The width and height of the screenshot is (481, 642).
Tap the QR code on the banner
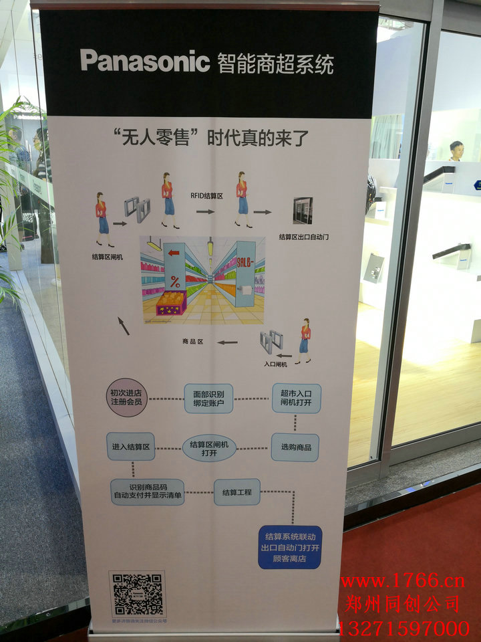[x=137, y=594]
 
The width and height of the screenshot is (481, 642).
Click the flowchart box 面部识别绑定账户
[x=208, y=398]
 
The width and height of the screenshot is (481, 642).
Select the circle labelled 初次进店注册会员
[x=126, y=397]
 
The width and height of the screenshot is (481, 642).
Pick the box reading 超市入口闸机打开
[x=296, y=398]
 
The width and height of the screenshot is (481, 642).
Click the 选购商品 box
[x=295, y=447]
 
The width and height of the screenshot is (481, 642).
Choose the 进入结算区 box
[x=131, y=447]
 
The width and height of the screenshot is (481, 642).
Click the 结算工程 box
[x=237, y=492]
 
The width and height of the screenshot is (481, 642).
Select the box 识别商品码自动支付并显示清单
[x=147, y=492]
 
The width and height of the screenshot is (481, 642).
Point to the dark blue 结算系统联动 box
[x=290, y=547]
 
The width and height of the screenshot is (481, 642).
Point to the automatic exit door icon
[x=303, y=211]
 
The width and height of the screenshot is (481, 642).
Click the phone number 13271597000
[x=404, y=628]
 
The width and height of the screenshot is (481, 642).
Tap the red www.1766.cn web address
[x=402, y=580]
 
